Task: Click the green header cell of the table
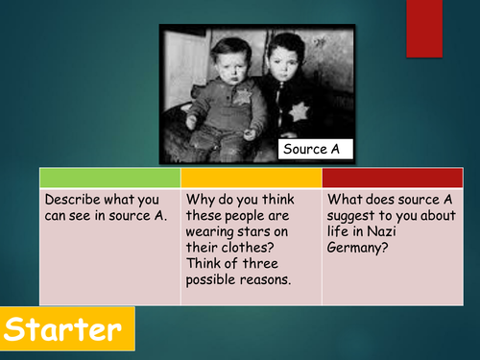(x=109, y=178)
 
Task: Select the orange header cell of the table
(x=252, y=178)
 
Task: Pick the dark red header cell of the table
(x=392, y=178)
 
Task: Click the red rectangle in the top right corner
(x=424, y=28)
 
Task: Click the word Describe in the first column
(x=73, y=200)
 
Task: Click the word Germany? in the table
(x=359, y=249)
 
